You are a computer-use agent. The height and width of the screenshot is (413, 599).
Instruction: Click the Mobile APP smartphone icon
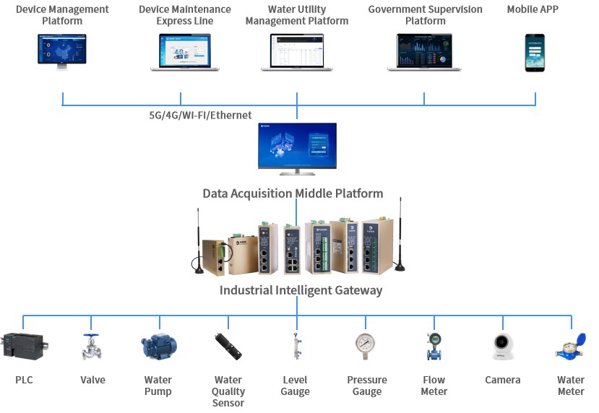535,52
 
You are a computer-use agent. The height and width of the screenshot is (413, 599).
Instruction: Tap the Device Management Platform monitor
63,51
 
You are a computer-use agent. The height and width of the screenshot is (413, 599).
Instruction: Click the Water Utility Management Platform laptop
297,52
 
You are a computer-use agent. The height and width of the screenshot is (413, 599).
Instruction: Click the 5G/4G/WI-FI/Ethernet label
195,115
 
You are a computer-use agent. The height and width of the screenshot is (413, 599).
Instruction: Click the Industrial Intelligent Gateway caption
301,290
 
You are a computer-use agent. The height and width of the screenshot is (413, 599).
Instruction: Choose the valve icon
92,347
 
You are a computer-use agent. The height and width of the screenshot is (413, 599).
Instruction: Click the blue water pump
158,346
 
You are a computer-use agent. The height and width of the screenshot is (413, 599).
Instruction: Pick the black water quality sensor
228,347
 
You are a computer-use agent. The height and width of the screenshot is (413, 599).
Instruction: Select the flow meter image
434,347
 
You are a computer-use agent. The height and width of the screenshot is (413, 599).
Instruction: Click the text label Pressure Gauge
367,386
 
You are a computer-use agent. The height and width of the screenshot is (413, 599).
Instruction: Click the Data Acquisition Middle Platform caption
293,194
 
